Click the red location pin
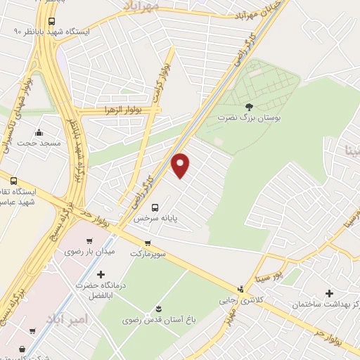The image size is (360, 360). pyautogui.click(x=181, y=165)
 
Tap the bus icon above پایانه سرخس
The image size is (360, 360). pyautogui.click(x=156, y=207)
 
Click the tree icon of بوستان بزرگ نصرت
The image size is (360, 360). pyautogui.click(x=249, y=107)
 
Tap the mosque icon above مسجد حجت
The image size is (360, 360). pyautogui.click(x=38, y=132)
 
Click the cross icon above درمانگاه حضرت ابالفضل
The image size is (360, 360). pyautogui.click(x=101, y=274)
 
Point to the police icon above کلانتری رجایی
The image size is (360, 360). pyautogui.click(x=240, y=288)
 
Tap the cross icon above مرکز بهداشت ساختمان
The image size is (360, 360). pyautogui.click(x=329, y=292)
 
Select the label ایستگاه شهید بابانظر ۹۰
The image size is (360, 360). pyautogui.click(x=51, y=32)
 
